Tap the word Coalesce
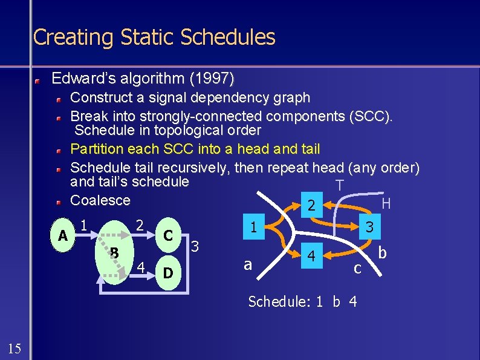pyautogui.click(x=100, y=200)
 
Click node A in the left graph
pyautogui.click(x=62, y=235)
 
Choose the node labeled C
pyautogui.click(x=169, y=234)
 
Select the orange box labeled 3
pyautogui.click(x=369, y=227)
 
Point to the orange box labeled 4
pyautogui.click(x=311, y=257)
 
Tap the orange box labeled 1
pyautogui.click(x=255, y=227)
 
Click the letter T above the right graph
pyautogui.click(x=340, y=185)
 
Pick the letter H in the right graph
pyautogui.click(x=386, y=204)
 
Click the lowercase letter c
pyautogui.click(x=357, y=267)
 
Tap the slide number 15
pyautogui.click(x=15, y=347)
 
